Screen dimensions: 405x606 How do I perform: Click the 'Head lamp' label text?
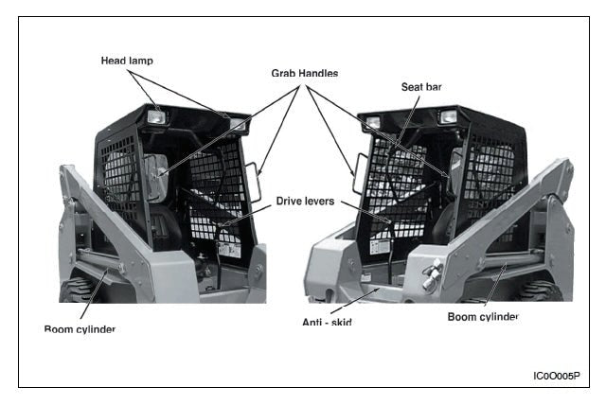(x=127, y=61)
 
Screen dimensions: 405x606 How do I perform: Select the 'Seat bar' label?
(x=421, y=87)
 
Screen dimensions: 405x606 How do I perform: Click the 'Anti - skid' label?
(x=327, y=323)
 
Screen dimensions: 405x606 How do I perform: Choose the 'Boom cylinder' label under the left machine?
(x=80, y=329)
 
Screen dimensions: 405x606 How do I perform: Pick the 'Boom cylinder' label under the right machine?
(x=483, y=317)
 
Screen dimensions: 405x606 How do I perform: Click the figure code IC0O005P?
(x=556, y=376)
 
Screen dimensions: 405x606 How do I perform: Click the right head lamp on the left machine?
(x=237, y=124)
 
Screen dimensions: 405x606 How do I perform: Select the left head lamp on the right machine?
(x=373, y=122)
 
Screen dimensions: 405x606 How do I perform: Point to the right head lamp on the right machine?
(x=448, y=116)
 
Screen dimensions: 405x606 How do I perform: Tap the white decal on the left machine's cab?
(x=225, y=251)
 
